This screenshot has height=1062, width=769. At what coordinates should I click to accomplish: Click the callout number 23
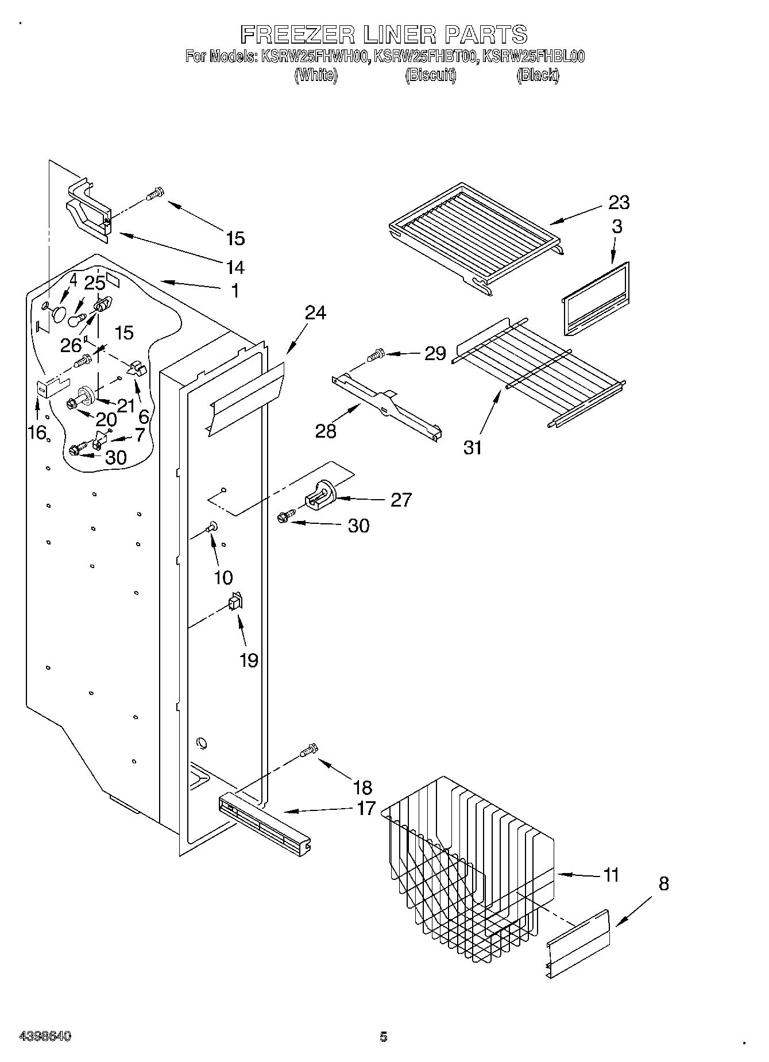618,202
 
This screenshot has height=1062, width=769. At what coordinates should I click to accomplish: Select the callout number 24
315,313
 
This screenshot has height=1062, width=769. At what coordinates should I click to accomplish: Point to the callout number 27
401,500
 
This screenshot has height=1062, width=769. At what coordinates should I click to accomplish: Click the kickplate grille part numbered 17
264,822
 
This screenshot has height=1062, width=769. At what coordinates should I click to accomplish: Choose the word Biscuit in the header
431,75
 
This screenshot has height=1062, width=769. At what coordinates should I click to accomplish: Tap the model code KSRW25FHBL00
533,56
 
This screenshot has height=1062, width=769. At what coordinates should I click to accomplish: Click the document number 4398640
45,1036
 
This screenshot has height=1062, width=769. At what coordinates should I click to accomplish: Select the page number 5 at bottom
383,1037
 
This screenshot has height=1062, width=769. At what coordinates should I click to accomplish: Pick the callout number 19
249,661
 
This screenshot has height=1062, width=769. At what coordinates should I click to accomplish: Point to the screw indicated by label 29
376,356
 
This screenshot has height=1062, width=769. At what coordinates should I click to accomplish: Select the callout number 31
473,447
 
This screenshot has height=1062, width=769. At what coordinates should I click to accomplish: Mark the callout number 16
37,432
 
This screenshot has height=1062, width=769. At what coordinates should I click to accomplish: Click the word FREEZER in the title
298,34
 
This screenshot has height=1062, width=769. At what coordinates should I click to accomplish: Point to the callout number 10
223,577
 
